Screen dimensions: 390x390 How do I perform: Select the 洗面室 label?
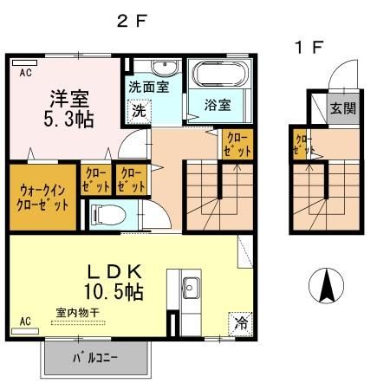tap(148, 88)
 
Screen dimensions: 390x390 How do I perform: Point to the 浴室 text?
tap(218, 106)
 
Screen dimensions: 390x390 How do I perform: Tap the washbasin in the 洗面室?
tap(162, 68)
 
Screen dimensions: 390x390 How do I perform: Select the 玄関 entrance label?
tap(340, 108)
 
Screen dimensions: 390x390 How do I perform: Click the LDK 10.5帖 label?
tap(113, 278)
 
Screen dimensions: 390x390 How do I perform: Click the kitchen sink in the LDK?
tap(191, 287)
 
